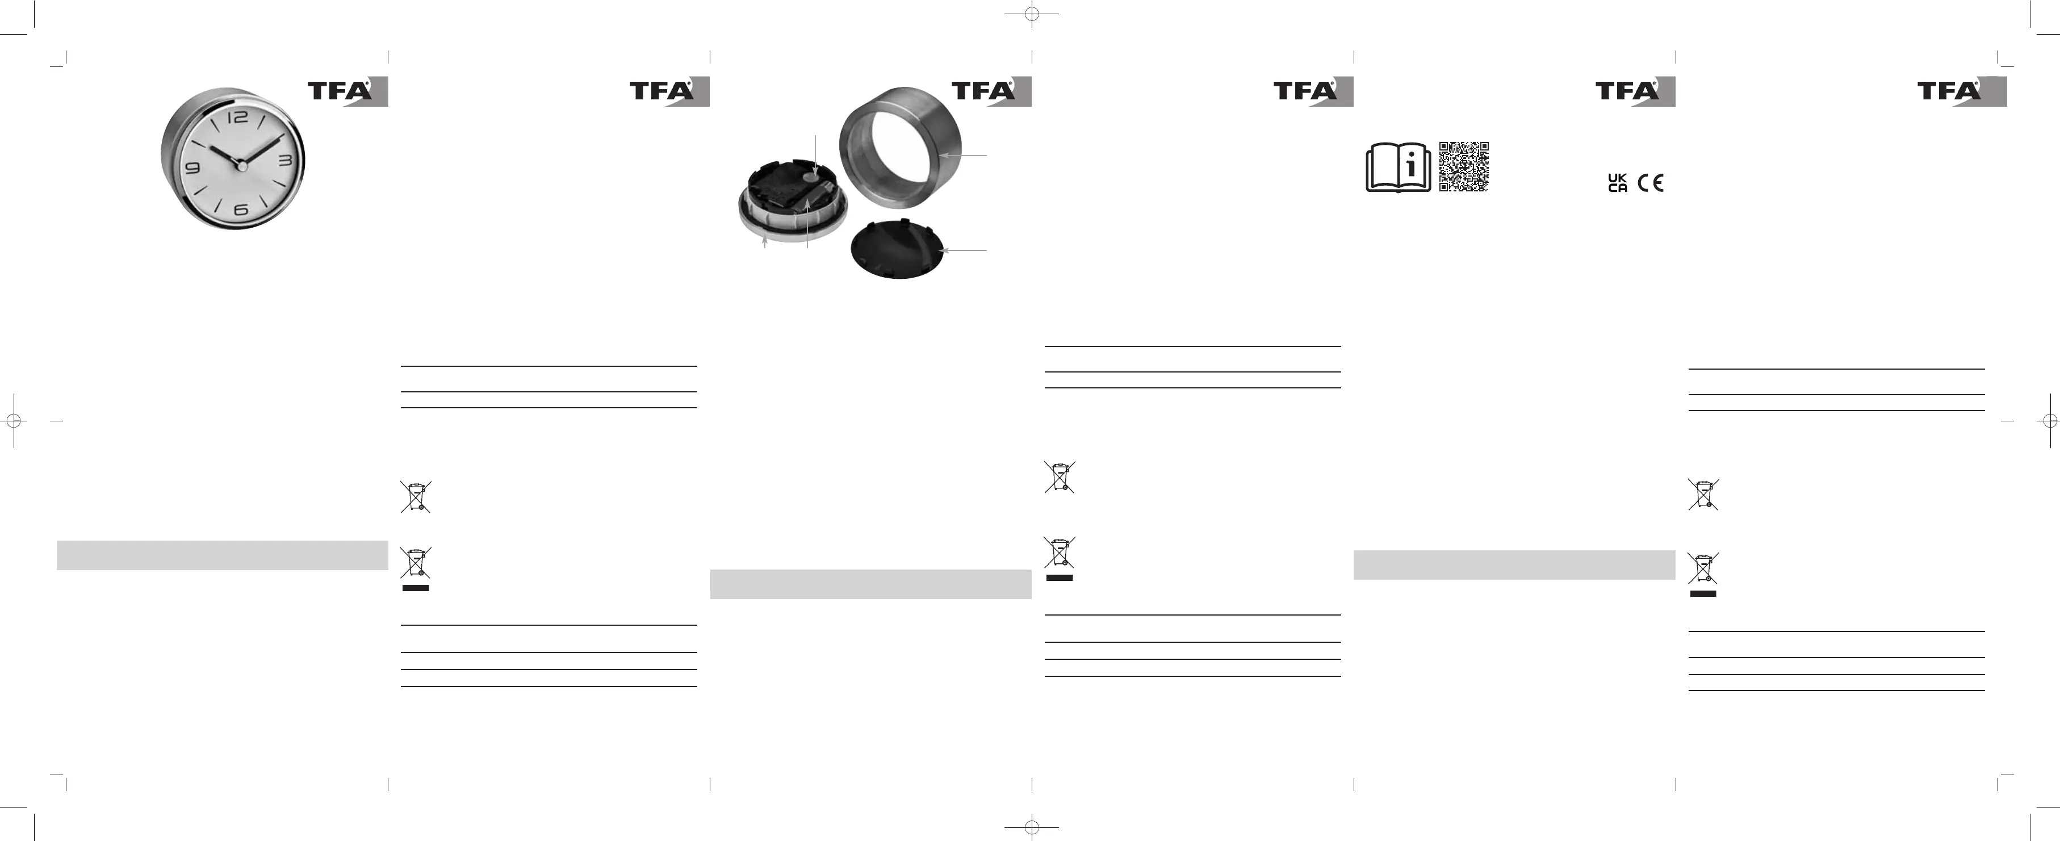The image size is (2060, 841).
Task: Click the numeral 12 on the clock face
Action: coord(238,118)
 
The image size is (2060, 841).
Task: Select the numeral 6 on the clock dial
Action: coord(241,210)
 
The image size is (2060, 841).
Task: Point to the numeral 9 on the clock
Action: coord(192,168)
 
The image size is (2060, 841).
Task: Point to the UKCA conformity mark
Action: coord(1617,183)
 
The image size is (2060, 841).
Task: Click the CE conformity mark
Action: coord(1651,183)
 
